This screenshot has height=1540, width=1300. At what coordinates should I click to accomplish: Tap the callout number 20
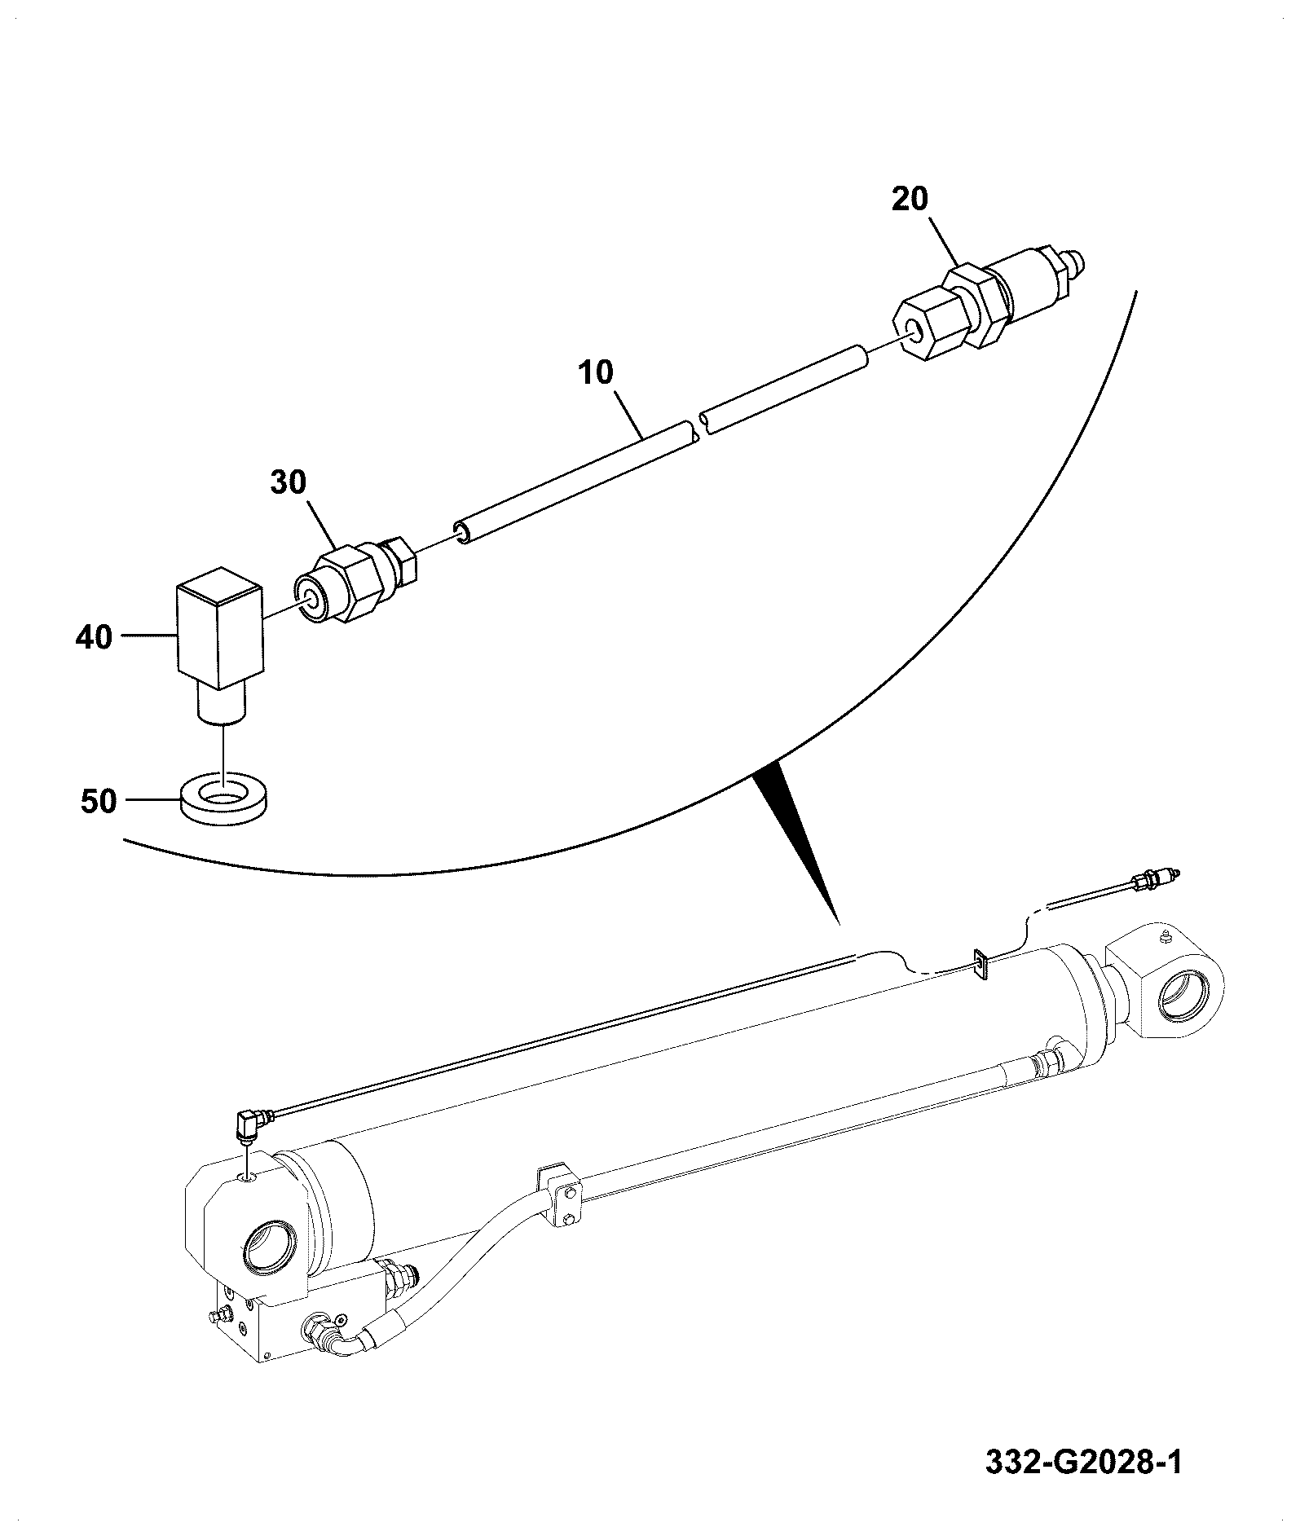[x=910, y=199]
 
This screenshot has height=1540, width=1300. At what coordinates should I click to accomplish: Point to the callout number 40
[x=94, y=636]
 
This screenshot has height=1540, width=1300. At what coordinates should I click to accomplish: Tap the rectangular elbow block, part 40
[x=218, y=644]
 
